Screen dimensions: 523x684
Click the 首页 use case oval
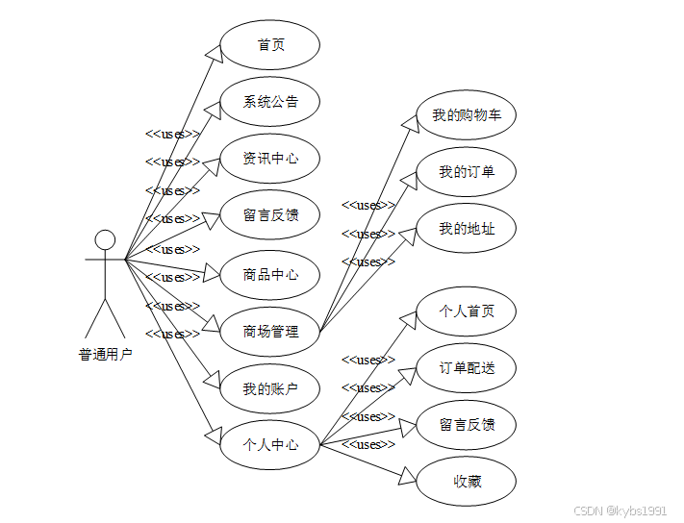270,45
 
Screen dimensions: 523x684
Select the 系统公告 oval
270,102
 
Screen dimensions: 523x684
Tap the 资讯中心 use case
270,159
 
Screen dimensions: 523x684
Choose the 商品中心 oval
270,274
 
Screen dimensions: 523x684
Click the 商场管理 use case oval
270,332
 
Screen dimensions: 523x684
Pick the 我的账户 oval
270,388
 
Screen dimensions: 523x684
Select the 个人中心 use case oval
270,445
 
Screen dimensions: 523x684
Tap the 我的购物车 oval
467,115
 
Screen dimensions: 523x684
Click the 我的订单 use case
467,172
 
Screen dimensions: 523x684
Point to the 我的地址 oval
467,229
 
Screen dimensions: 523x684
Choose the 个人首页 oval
467,311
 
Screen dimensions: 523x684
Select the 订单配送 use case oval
467,368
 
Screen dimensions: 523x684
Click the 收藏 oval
467,481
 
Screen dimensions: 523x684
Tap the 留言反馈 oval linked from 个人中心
467,425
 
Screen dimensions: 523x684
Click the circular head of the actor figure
105,239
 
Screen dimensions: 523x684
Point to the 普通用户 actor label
105,354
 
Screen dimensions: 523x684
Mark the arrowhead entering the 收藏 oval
408,475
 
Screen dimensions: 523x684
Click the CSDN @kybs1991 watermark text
620,511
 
